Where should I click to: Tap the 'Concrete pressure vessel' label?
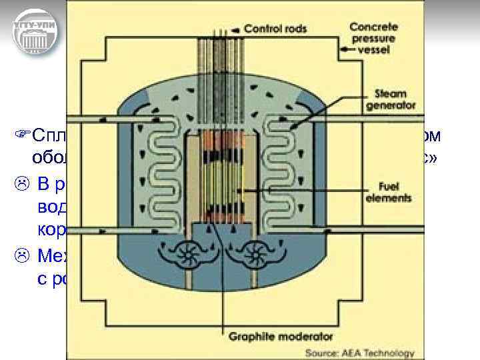point(373,38)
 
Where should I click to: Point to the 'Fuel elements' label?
point(389,193)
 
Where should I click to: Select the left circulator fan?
point(182,255)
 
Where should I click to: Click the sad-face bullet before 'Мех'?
point(21,255)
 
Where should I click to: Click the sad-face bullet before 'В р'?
point(21,183)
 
